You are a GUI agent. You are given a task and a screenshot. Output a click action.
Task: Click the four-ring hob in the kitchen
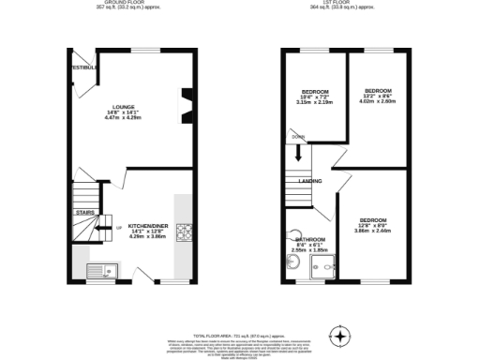[x=183, y=232]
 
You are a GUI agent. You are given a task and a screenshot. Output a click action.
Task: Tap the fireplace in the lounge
[x=186, y=105]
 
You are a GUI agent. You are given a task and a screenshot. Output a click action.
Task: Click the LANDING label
[x=310, y=181]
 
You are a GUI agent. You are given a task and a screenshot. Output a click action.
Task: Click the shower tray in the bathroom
[x=324, y=270]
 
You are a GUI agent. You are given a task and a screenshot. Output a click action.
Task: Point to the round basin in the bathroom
[x=294, y=238]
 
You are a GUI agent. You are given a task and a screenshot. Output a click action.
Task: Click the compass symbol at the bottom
[x=341, y=336]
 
